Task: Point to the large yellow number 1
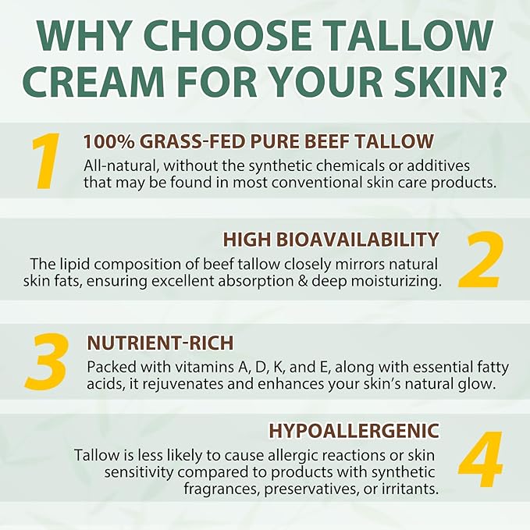click(46, 161)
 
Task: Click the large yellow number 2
click(481, 260)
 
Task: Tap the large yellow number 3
click(47, 361)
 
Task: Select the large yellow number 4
click(481, 459)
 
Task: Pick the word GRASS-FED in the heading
click(192, 141)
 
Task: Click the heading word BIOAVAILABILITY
click(357, 240)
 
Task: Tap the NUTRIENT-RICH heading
click(160, 343)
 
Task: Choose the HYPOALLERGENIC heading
click(354, 431)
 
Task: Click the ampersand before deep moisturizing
click(302, 281)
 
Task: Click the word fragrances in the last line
click(222, 489)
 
